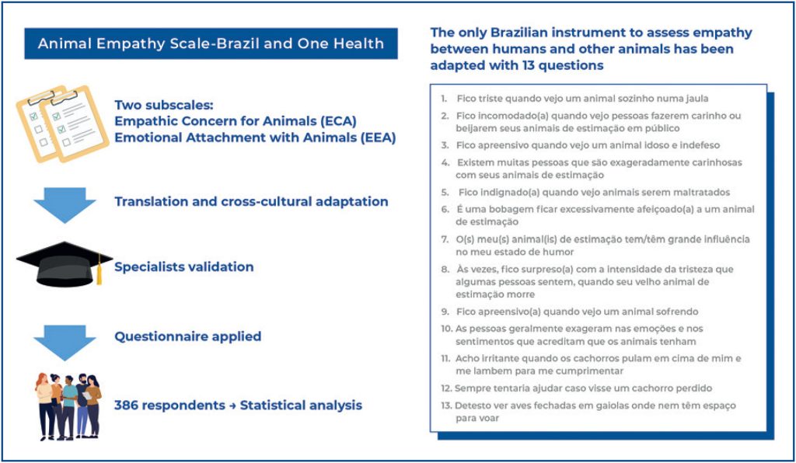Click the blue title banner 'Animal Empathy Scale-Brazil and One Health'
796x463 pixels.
pos(211,44)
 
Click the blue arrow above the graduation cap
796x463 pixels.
pos(65,204)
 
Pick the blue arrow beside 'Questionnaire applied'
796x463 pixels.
pos(65,338)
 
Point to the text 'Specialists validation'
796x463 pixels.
pos(184,267)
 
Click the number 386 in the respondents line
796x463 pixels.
pos(128,406)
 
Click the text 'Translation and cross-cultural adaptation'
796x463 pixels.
pos(251,202)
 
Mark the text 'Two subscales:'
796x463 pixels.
pos(158,105)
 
